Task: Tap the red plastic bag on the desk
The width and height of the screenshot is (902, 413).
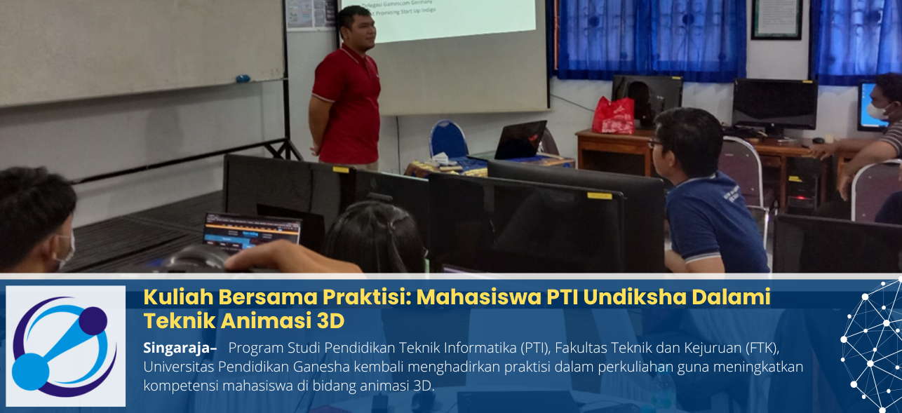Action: [x=613, y=116]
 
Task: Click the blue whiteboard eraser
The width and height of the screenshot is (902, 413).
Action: [x=243, y=79]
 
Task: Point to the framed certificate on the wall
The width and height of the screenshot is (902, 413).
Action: [x=776, y=19]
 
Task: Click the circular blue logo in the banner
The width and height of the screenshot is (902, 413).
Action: [x=65, y=346]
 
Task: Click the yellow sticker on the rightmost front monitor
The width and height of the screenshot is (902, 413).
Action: [x=599, y=196]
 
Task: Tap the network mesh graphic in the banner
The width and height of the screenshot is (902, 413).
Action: [x=873, y=344]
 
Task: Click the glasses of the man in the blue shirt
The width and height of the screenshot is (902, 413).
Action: [x=655, y=143]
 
